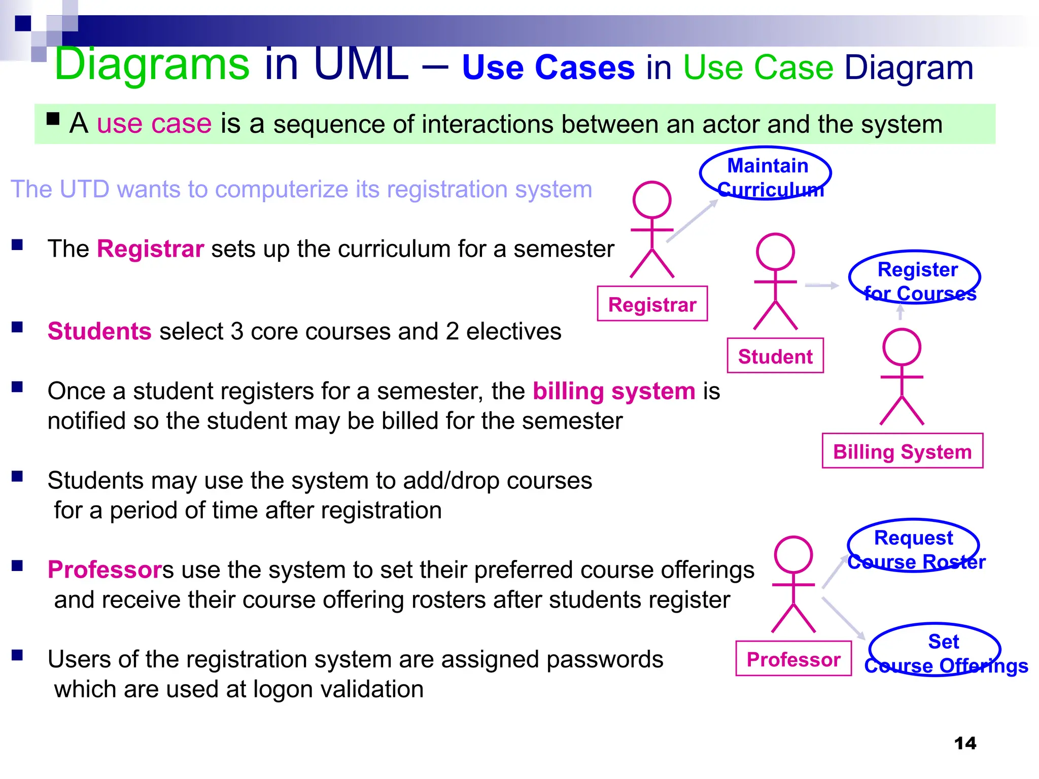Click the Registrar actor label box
pyautogui.click(x=652, y=304)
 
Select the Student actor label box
pyautogui.click(x=775, y=356)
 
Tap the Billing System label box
pyautogui.click(x=902, y=451)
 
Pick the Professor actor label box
pyautogui.click(x=793, y=659)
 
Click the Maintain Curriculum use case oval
pyautogui.click(x=766, y=173)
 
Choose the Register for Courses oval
pyautogui.click(x=915, y=277)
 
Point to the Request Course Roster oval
pyautogui.click(x=913, y=546)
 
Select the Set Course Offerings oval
pyautogui.click(x=934, y=650)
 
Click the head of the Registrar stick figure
pyautogui.click(x=652, y=200)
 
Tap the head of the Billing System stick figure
pyautogui.click(x=902, y=347)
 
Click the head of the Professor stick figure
pyautogui.click(x=793, y=555)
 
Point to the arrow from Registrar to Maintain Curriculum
pyautogui.click(x=692, y=221)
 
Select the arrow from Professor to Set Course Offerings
pyautogui.click(x=843, y=618)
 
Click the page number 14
pyautogui.click(x=964, y=743)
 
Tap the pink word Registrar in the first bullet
pyautogui.click(x=150, y=249)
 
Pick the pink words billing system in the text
pyautogui.click(x=614, y=391)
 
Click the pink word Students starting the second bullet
pyautogui.click(x=99, y=331)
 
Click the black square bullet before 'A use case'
pyautogui.click(x=53, y=119)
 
